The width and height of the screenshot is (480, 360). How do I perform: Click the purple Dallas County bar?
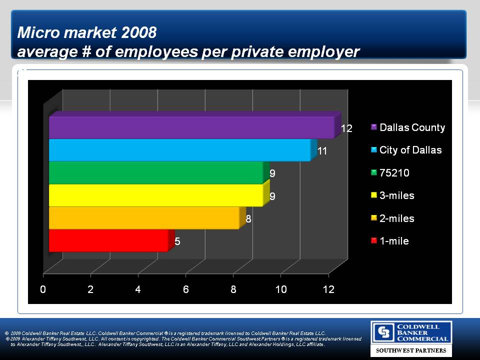pyautogui.click(x=191, y=127)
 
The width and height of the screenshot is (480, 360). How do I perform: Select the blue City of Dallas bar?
pyautogui.click(x=180, y=150)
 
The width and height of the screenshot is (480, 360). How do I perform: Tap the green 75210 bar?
pyautogui.click(x=156, y=173)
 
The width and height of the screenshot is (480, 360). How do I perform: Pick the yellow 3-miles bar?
pyautogui.click(x=156, y=195)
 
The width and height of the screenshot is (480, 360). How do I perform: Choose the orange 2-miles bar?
pyautogui.click(x=144, y=218)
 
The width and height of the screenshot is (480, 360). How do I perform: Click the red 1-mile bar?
pyautogui.click(x=108, y=241)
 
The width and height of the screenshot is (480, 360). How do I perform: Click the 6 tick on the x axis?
pyautogui.click(x=185, y=289)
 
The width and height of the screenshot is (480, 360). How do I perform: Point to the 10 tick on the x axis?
pyautogui.click(x=280, y=289)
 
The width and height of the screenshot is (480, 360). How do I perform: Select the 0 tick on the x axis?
pyautogui.click(x=43, y=289)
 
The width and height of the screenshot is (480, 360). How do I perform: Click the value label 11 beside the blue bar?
pyautogui.click(x=322, y=150)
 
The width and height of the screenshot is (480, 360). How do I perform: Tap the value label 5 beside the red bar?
pyautogui.click(x=177, y=241)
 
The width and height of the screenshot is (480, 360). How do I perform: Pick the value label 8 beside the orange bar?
pyautogui.click(x=248, y=219)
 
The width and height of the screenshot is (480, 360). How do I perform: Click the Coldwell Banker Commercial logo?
pyautogui.click(x=411, y=332)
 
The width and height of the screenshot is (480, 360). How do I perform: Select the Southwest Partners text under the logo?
pyautogui.click(x=411, y=350)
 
